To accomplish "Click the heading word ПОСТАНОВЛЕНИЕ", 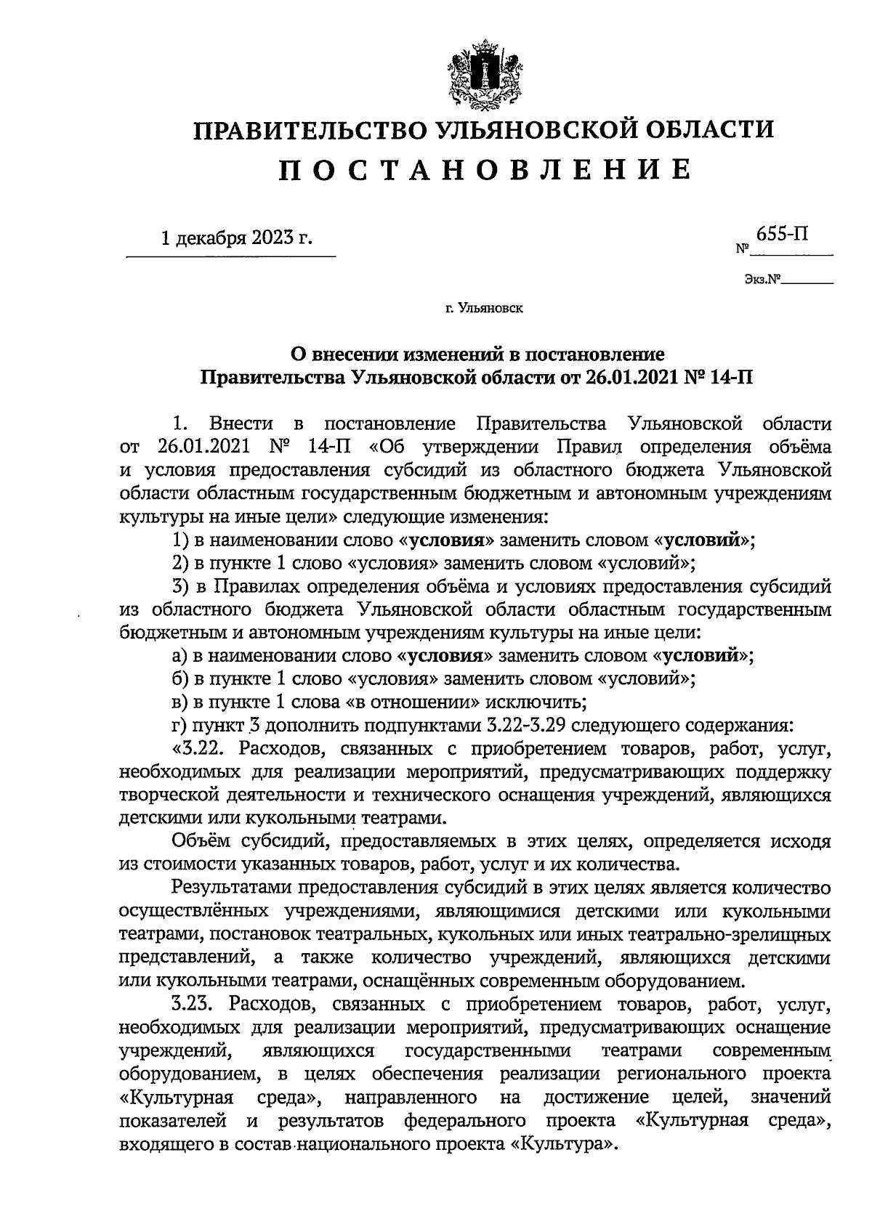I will (484, 169).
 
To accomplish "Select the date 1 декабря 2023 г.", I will (236, 238).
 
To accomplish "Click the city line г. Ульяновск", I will (484, 308).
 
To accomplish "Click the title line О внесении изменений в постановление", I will (477, 354).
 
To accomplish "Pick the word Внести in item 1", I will (241, 423).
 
